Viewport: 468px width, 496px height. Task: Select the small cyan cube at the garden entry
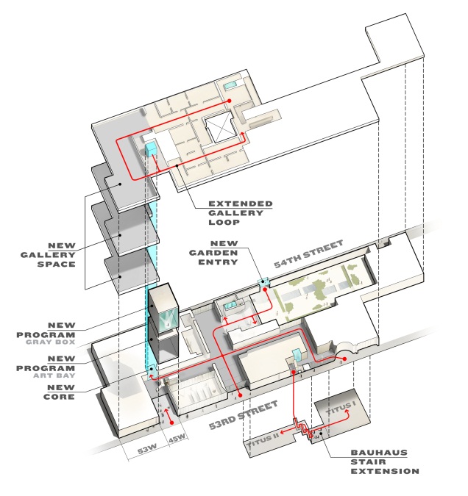(264, 282)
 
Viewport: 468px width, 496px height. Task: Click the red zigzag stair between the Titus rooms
(300, 427)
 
